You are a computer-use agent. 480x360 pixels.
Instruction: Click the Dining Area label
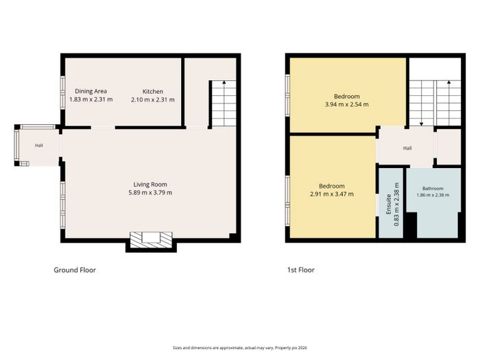pyautogui.click(x=91, y=91)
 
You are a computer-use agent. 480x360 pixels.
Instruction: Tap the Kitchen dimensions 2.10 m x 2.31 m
pyautogui.click(x=153, y=100)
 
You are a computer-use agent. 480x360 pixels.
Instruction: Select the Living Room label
pyautogui.click(x=150, y=184)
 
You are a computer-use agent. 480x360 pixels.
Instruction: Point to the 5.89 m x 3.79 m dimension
pyautogui.click(x=150, y=193)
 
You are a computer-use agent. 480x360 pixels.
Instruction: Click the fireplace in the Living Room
pyautogui.click(x=151, y=240)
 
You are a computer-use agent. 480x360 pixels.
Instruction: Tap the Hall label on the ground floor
pyautogui.click(x=39, y=145)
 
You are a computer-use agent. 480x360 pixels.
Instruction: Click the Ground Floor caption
pyautogui.click(x=75, y=270)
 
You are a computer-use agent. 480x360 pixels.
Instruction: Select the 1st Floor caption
pyautogui.click(x=300, y=270)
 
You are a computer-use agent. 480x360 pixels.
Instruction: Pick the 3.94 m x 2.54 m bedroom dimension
pyautogui.click(x=346, y=104)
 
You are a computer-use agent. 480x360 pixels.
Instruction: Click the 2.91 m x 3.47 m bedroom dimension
pyautogui.click(x=332, y=194)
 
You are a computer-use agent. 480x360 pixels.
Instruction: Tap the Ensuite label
pyautogui.click(x=389, y=204)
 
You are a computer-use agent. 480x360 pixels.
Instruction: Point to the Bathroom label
pyautogui.click(x=433, y=189)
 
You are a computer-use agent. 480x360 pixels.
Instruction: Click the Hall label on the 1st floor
pyautogui.click(x=407, y=148)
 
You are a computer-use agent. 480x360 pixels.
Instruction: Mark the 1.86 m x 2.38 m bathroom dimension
pyautogui.click(x=433, y=195)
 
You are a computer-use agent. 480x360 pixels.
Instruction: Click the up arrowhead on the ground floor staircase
pyautogui.click(x=224, y=82)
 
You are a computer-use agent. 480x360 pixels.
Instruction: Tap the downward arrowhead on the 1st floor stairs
pyautogui.click(x=422, y=124)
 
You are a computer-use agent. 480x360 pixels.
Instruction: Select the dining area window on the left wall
pyautogui.click(x=63, y=93)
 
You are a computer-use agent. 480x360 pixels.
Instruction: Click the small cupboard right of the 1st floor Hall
pyautogui.click(x=448, y=147)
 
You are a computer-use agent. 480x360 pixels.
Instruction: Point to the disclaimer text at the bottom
pyautogui.click(x=240, y=348)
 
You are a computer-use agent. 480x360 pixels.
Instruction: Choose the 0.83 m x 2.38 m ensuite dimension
pyautogui.click(x=396, y=204)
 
